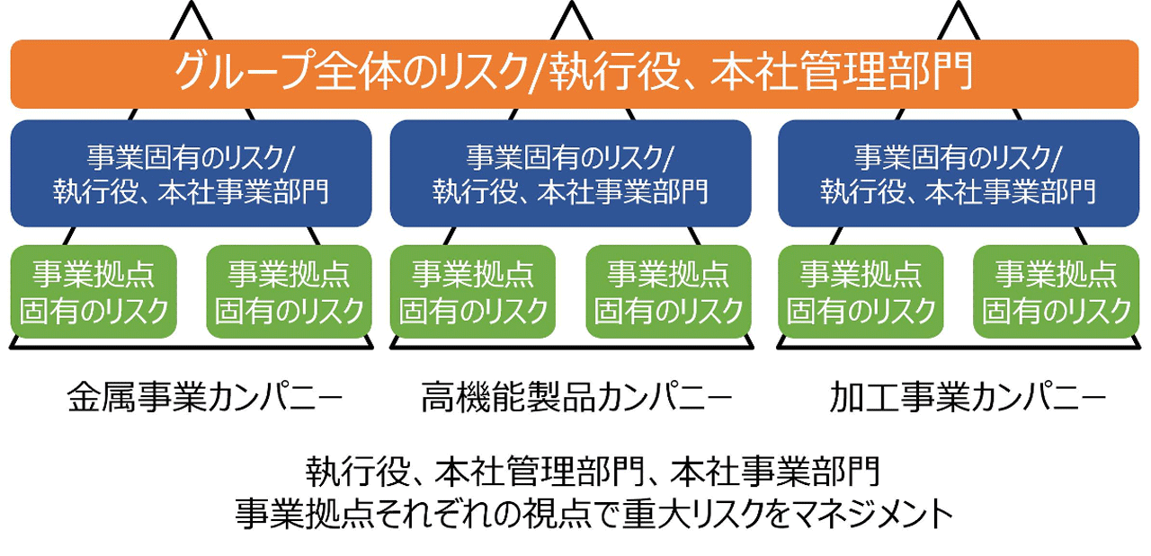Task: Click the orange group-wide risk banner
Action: (x=575, y=74)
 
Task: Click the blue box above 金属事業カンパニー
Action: (x=191, y=173)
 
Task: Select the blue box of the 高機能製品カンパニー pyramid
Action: (x=570, y=173)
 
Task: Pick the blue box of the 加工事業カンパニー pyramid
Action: (x=958, y=173)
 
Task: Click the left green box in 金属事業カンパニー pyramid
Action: (x=94, y=292)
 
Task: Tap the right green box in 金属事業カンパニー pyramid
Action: (x=289, y=292)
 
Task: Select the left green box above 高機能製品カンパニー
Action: (x=473, y=292)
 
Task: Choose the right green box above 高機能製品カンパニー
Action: (x=668, y=292)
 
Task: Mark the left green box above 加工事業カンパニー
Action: (x=861, y=292)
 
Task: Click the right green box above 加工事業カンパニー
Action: (x=1056, y=292)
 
